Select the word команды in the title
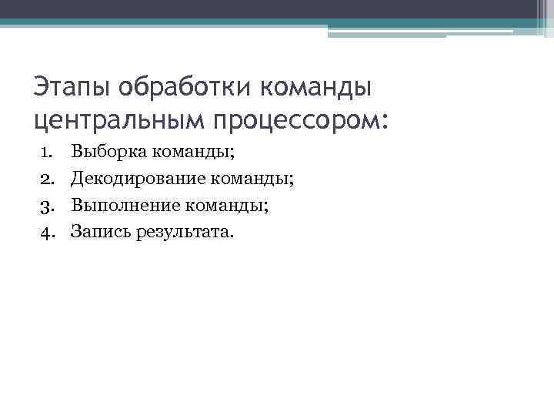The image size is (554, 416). (318, 87)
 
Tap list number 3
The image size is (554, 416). (46, 205)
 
